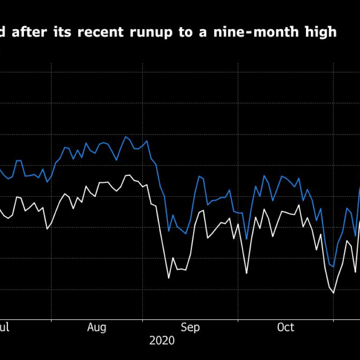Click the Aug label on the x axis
97,327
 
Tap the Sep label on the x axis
190,327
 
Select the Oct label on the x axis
285,327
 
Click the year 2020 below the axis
162,341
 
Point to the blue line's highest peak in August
126,137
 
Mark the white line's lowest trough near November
333,293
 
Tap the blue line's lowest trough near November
333,266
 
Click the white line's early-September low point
169,278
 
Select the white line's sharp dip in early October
247,273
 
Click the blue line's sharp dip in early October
247,239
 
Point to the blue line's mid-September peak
199,177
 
